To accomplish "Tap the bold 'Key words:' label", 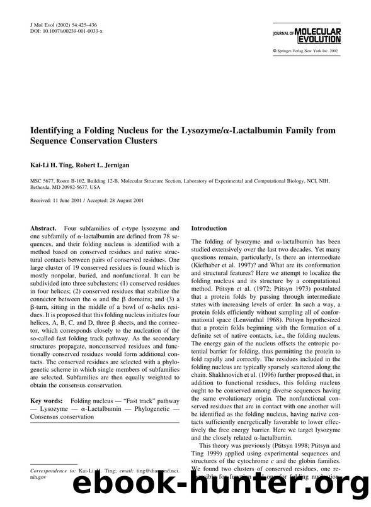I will [x=49, y=383].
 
